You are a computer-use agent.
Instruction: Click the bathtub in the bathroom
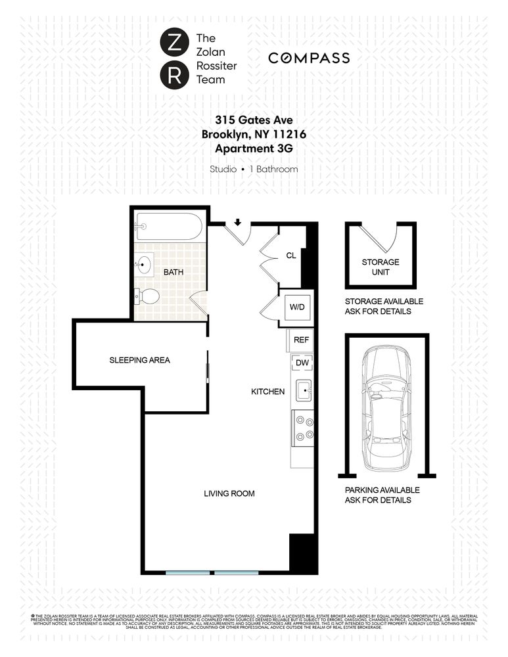(169, 227)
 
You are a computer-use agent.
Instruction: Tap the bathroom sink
(145, 265)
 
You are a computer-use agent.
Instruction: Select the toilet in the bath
(147, 296)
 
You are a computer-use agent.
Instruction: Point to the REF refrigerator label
(301, 340)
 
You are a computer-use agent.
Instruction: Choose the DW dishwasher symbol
(302, 363)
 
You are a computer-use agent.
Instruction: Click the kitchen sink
(303, 390)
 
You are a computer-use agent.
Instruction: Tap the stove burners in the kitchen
(304, 428)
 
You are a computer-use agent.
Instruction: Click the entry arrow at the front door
(238, 222)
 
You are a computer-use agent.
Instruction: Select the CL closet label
(291, 256)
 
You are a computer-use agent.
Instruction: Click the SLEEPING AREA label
(139, 360)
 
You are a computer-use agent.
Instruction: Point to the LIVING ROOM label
(229, 493)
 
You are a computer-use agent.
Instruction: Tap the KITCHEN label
(268, 392)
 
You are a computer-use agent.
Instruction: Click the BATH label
(173, 272)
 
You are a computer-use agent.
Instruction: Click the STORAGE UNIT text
(381, 267)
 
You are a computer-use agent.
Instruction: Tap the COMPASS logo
(309, 58)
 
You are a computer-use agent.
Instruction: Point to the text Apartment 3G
(253, 148)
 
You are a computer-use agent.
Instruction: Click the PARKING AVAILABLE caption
(382, 490)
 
